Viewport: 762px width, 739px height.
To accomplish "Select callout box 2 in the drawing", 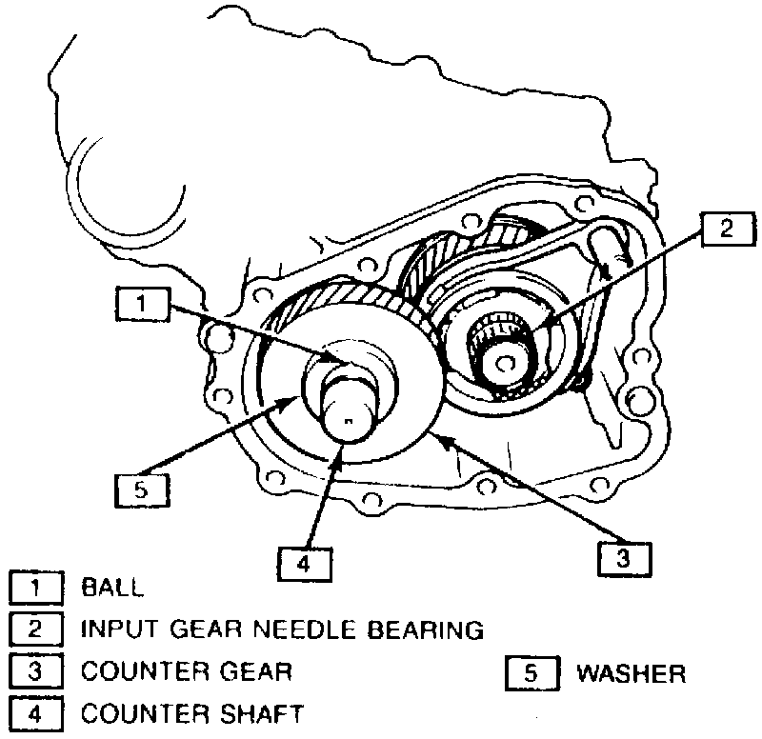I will tap(726, 228).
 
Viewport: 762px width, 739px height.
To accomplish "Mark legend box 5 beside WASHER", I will tap(530, 673).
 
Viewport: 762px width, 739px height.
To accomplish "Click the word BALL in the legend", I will tap(112, 588).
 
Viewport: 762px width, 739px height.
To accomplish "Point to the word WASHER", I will tap(631, 673).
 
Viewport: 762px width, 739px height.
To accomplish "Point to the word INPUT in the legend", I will tap(118, 629).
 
